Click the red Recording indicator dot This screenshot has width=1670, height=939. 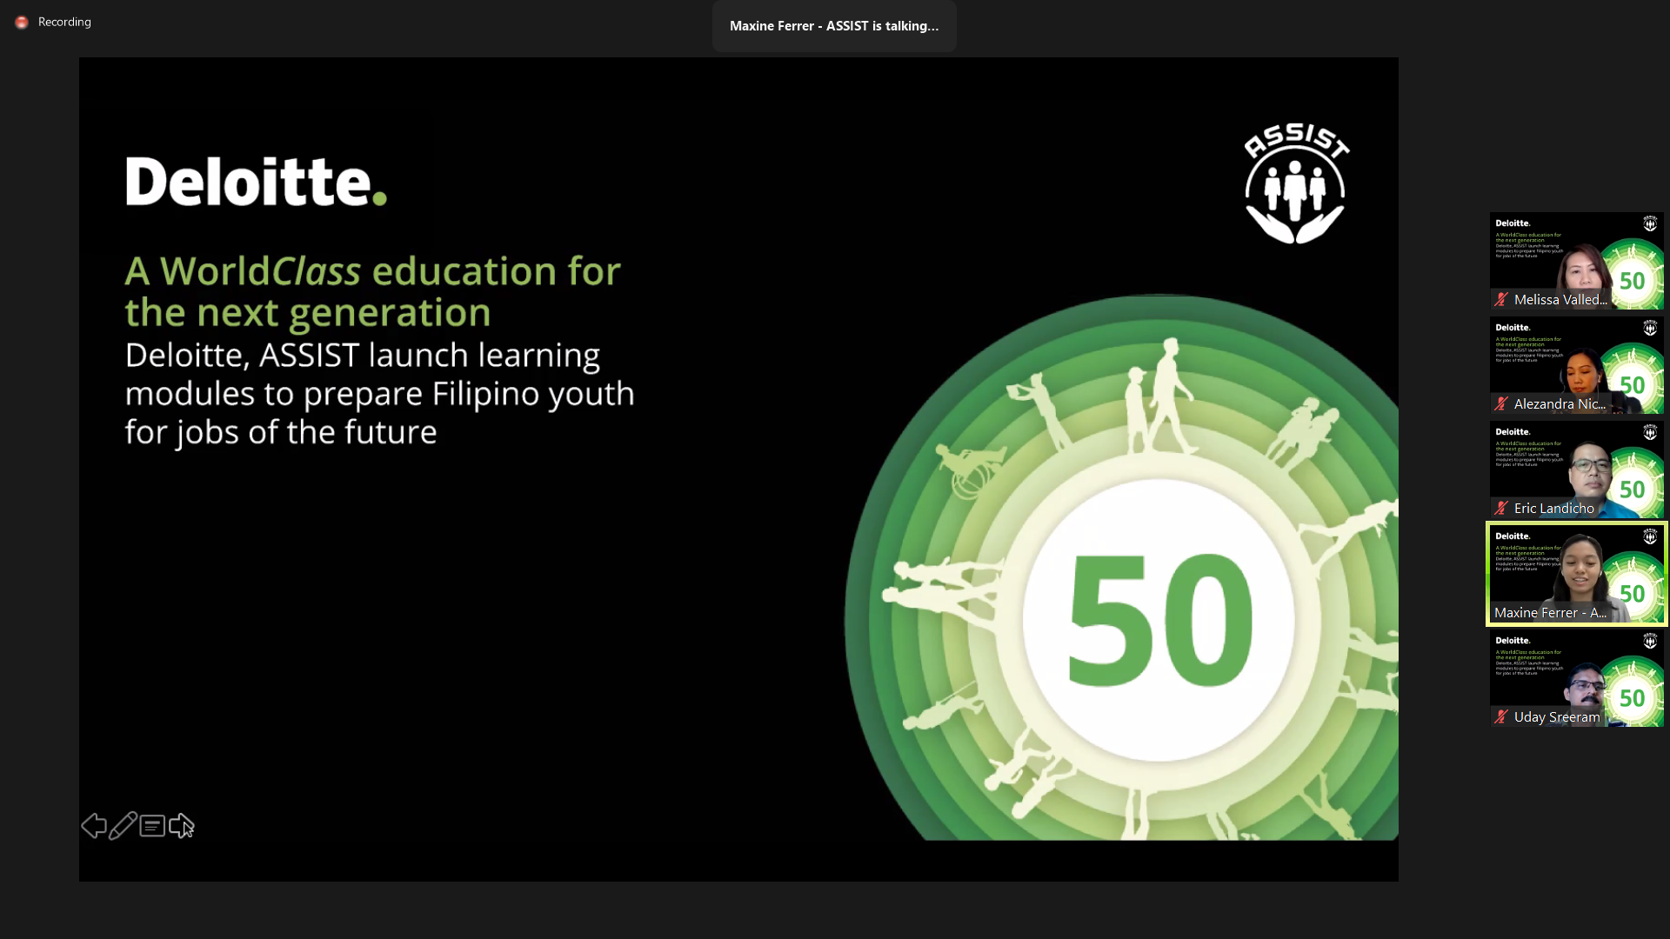22,22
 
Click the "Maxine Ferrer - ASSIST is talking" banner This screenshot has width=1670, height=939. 833,26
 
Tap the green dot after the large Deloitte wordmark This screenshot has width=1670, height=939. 379,198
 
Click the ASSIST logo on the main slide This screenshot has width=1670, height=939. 1295,183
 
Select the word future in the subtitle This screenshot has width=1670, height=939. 390,432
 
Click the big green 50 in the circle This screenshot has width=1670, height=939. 1160,619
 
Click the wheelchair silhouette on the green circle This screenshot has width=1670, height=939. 970,469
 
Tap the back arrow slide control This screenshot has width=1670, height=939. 93,825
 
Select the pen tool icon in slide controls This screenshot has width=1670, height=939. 123,825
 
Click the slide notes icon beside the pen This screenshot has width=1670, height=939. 152,825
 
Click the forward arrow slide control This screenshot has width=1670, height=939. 181,825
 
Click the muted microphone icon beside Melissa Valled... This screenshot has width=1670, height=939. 1501,300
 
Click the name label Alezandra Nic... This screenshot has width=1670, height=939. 1560,404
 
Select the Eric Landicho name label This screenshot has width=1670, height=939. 1553,509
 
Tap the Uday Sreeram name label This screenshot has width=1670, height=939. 1556,717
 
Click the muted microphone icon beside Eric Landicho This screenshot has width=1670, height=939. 1501,509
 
